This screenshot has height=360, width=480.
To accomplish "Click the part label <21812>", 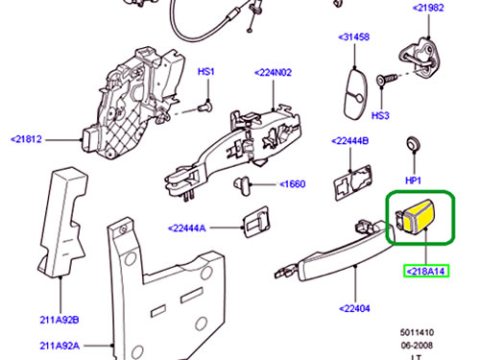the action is (26, 139).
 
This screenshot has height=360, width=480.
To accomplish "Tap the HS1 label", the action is (206, 71).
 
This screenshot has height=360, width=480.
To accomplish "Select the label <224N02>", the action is (273, 73).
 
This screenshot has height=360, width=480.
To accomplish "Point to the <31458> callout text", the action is (354, 37).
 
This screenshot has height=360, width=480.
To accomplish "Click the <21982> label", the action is (428, 8).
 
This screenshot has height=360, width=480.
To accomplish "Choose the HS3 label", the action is (380, 115).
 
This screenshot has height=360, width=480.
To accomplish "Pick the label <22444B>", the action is (349, 141).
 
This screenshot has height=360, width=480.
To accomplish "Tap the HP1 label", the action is (413, 180).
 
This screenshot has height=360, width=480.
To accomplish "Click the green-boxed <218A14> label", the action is (426, 272).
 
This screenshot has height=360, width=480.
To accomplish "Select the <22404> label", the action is (354, 308).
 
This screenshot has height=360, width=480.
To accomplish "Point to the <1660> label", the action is (293, 184).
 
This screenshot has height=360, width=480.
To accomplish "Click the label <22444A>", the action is (187, 228).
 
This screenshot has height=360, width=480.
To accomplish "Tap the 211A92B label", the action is (60, 320).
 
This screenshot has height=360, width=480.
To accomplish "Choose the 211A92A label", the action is (60, 346).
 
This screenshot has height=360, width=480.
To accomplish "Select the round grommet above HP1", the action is (413, 144).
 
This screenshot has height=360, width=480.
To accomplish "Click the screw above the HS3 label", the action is (387, 79).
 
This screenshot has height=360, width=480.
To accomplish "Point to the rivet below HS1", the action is (205, 107).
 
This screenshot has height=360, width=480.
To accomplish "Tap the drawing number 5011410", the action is (417, 332).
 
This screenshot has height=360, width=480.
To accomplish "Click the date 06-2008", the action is (417, 346).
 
